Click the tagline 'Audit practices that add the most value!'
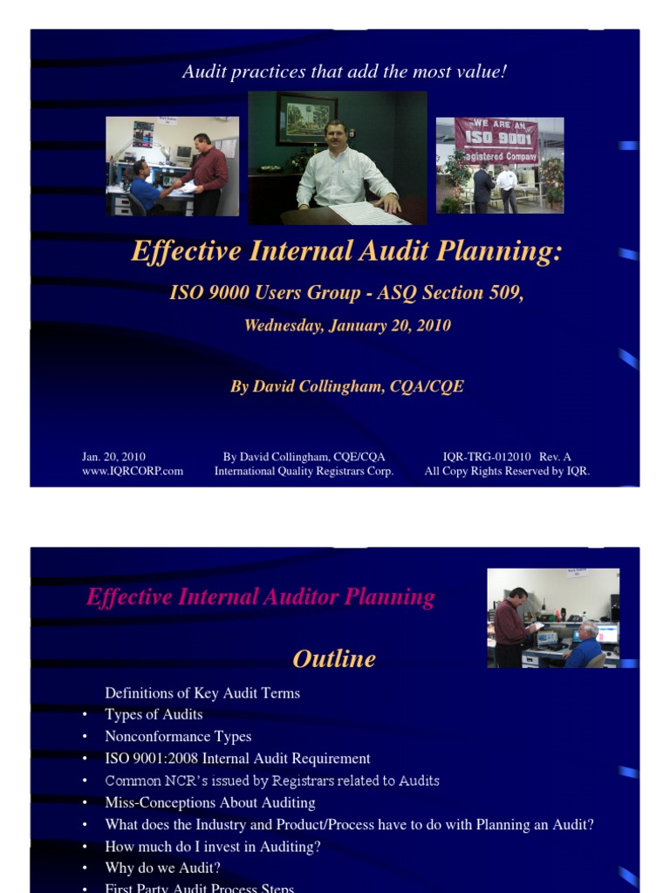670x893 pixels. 344,72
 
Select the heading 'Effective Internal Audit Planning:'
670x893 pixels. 346,252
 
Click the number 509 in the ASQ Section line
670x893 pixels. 505,293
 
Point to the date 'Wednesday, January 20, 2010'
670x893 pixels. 347,326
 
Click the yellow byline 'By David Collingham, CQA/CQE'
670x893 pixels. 347,386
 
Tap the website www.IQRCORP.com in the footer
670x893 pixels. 133,472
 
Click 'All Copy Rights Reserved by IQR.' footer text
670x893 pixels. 507,472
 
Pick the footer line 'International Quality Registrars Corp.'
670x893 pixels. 304,472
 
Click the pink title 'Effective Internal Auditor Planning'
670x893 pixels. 260,597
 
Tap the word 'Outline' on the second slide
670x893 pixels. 334,658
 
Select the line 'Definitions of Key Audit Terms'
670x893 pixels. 202,693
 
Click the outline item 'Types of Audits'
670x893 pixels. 154,714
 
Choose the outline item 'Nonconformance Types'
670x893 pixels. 178,737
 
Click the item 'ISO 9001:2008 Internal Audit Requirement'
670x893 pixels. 237,759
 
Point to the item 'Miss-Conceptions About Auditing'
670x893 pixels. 210,802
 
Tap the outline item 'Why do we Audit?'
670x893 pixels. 162,868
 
